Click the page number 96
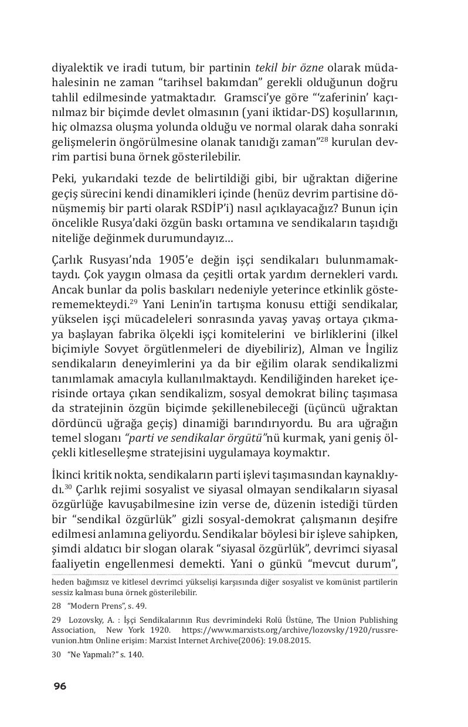60,687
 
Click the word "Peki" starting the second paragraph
63,179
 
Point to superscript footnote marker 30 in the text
68,486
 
